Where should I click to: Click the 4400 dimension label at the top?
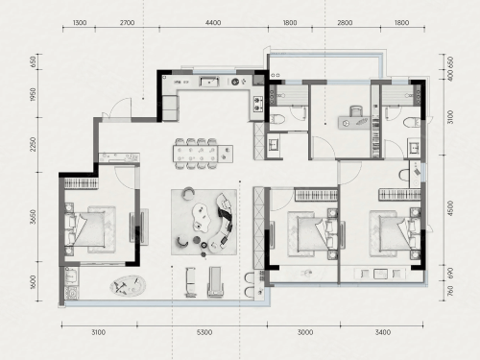(x=213, y=23)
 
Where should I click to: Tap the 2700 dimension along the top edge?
(x=127, y=23)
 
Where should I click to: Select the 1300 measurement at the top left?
(x=80, y=23)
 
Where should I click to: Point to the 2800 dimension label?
(x=345, y=23)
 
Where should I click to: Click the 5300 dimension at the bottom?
(x=204, y=332)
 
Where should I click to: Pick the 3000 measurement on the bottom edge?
(x=305, y=332)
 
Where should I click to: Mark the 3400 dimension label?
(x=383, y=332)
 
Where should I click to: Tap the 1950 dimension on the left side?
(x=33, y=94)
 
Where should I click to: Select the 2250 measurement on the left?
(x=33, y=145)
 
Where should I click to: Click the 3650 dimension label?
(x=33, y=217)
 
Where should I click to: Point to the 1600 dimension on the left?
(x=33, y=281)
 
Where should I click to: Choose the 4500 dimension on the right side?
(x=450, y=208)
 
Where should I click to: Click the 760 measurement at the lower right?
(x=450, y=291)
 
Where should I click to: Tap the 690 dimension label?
(x=450, y=273)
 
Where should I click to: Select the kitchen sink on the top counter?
(x=209, y=82)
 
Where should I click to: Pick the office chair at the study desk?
(x=356, y=111)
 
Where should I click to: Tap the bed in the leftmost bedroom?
(x=90, y=229)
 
